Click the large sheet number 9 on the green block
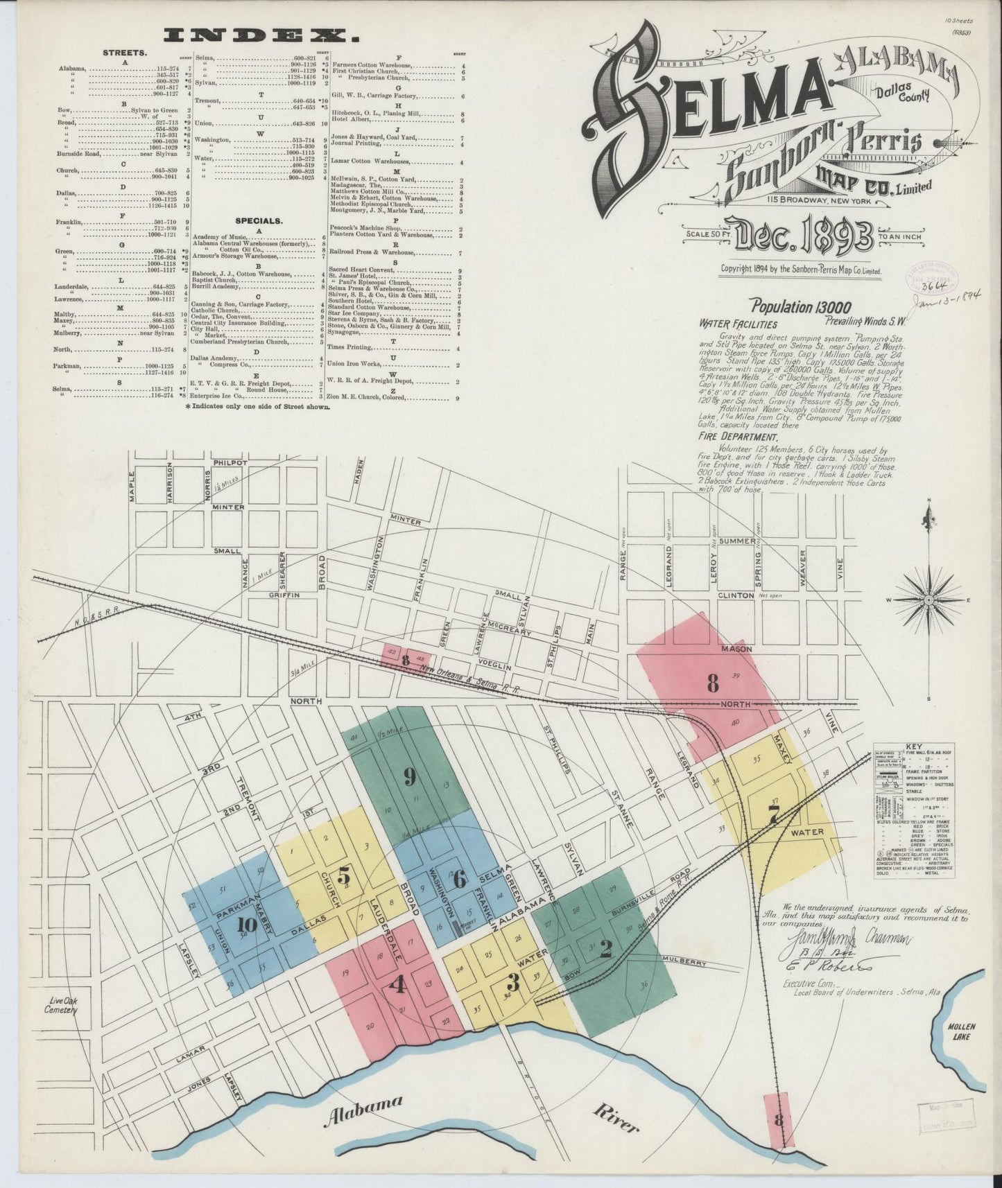coord(410,777)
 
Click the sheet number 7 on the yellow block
coord(775,815)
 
